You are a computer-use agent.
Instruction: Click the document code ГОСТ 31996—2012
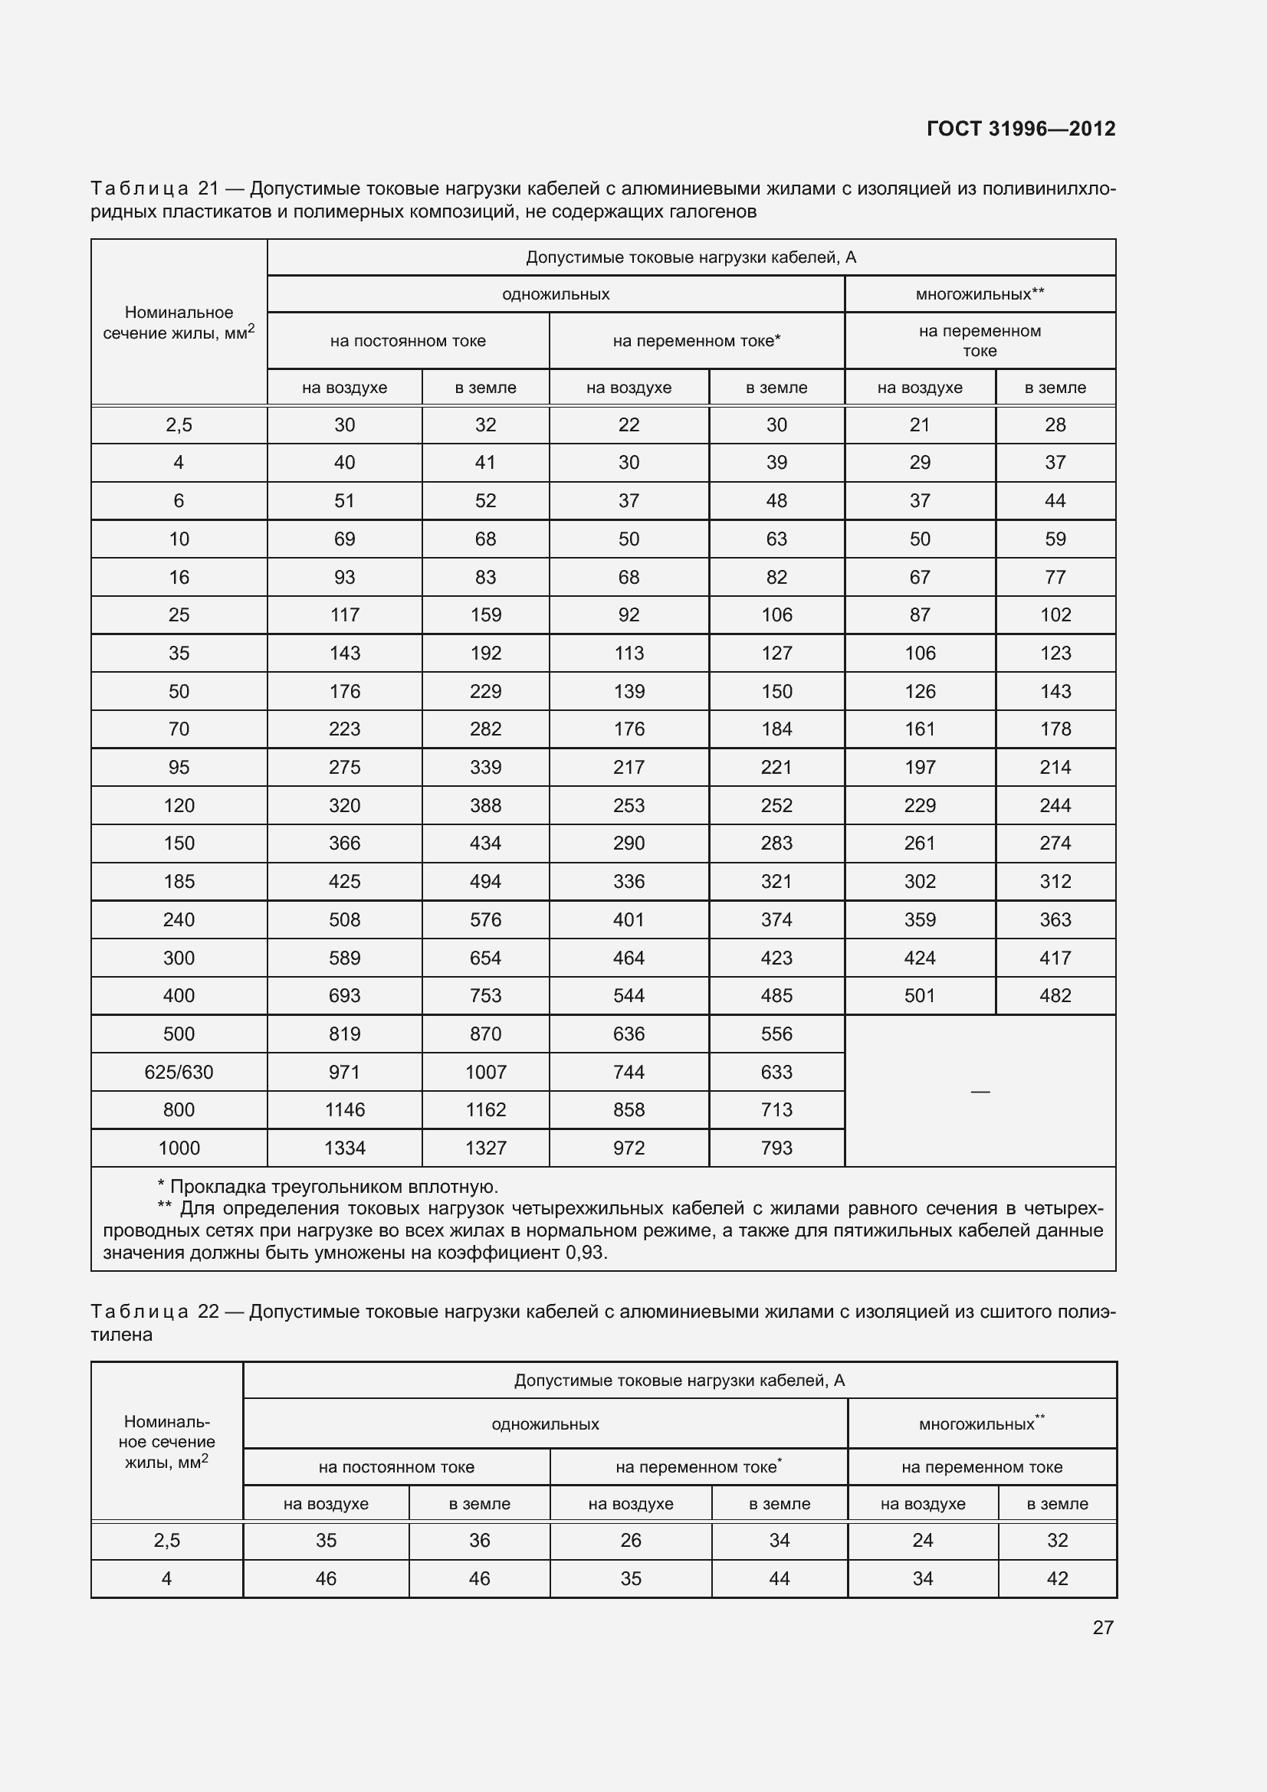[1020, 129]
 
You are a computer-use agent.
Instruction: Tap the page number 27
[1102, 1627]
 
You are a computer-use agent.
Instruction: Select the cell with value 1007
[485, 1072]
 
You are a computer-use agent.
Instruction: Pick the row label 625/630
[179, 1072]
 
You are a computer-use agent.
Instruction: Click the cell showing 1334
[344, 1148]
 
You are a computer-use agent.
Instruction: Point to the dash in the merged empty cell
[980, 1091]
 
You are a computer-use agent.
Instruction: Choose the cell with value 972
[629, 1148]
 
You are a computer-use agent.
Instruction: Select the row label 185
[179, 881]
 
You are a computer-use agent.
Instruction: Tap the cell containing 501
[920, 995]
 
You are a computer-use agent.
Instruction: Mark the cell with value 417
[1055, 958]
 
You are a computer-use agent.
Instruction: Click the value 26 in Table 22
[630, 1540]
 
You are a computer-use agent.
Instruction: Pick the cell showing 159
[485, 614]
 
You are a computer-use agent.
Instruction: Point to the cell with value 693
[344, 995]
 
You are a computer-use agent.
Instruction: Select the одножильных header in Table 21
[556, 294]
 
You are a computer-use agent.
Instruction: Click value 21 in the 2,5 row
[920, 424]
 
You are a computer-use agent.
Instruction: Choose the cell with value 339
[485, 767]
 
